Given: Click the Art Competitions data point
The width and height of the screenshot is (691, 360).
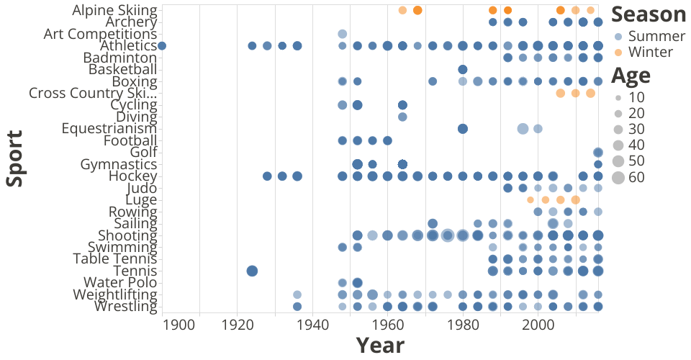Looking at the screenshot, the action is click(x=343, y=34).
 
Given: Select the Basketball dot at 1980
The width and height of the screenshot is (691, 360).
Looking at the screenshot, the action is click(x=462, y=70).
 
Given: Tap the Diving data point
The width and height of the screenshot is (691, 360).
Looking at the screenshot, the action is click(x=402, y=117).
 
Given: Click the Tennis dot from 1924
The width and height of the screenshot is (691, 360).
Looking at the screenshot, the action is click(x=252, y=271).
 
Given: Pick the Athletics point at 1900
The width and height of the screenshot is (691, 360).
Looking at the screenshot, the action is click(x=162, y=46).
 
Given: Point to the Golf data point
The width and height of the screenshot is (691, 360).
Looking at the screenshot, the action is click(x=598, y=153).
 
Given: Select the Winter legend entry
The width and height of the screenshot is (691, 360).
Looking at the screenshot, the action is click(x=643, y=52).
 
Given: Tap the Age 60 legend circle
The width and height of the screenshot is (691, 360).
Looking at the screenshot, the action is click(x=618, y=178).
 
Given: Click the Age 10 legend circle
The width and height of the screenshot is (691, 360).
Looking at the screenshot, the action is click(x=618, y=97).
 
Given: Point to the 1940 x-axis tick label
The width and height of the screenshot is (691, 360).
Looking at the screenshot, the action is click(x=312, y=325).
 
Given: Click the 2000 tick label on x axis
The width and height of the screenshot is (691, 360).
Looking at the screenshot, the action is click(x=538, y=325).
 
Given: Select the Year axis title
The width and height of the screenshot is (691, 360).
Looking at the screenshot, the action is click(x=380, y=346).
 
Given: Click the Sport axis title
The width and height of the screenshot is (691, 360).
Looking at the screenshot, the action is click(x=14, y=158).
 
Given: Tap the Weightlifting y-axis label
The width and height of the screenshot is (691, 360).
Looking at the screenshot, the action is click(x=115, y=294).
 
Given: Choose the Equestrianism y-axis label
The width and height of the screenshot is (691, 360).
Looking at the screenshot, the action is click(x=109, y=129).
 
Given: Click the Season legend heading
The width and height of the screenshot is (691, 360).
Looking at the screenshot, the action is click(x=649, y=15).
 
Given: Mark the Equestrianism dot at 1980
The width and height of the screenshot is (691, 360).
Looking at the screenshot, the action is click(x=462, y=129).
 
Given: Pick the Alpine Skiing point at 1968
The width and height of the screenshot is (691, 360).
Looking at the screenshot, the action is click(x=417, y=10).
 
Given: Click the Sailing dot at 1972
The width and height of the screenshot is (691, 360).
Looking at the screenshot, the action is click(x=433, y=223).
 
